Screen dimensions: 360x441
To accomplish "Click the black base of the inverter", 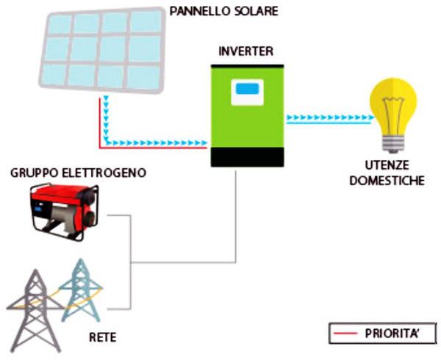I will coord(247,156).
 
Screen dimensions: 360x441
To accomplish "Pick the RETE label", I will coord(104,338).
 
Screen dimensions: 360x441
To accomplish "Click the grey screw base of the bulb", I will coord(392,141).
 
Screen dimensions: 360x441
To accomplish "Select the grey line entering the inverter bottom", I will coord(236,213).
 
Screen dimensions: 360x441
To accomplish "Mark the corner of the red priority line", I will coord(98,146).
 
